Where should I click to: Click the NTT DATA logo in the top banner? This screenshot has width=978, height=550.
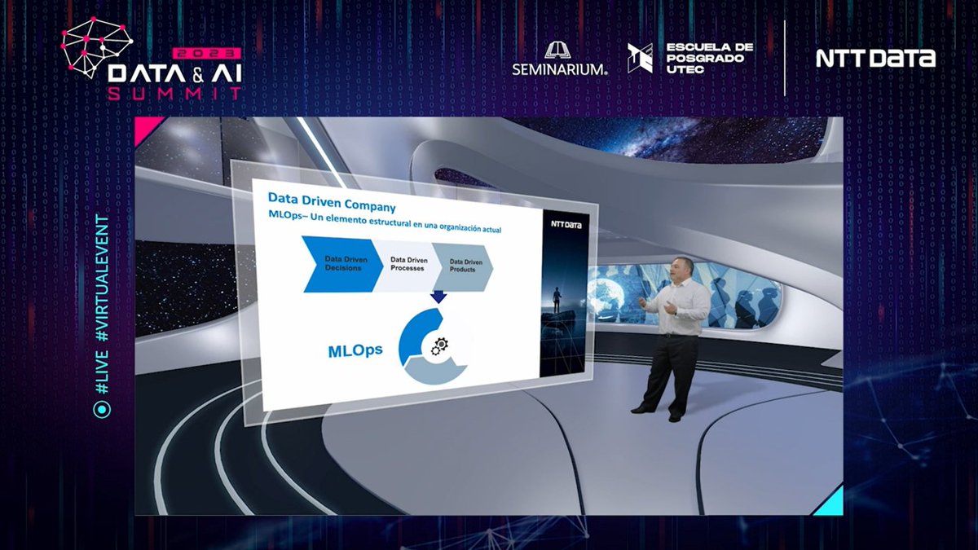point(875,59)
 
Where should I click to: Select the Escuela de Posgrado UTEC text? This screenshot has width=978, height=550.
point(709,58)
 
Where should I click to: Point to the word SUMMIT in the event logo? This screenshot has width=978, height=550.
point(175,92)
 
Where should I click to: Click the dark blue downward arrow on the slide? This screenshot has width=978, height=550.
point(438,297)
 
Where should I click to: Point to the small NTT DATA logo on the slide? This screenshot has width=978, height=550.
point(566,223)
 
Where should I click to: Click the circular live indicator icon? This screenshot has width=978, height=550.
point(102,409)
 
